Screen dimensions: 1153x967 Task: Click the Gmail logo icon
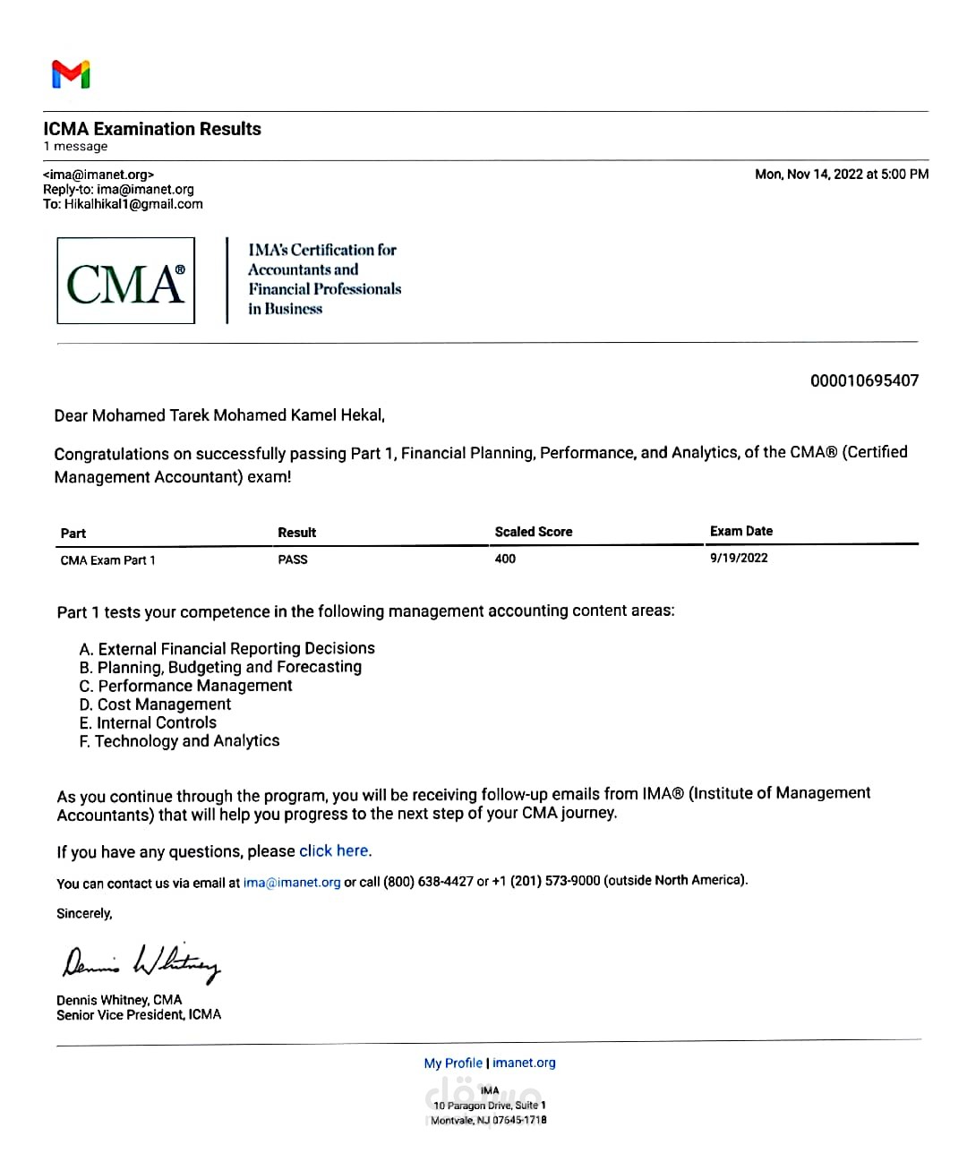coord(71,74)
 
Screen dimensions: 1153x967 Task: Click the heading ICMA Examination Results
coord(152,129)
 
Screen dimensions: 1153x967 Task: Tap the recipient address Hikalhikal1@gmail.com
coord(133,204)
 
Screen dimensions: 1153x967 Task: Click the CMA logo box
coord(125,281)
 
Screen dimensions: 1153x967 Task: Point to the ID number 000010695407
coord(864,380)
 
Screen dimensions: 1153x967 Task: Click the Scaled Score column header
coord(533,532)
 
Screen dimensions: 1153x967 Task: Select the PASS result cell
coord(293,559)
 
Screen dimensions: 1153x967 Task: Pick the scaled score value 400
coord(505,559)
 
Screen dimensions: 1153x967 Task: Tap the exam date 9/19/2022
coord(739,558)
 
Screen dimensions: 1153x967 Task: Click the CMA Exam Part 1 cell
coord(107,560)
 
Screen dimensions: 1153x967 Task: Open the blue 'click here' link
coord(334,851)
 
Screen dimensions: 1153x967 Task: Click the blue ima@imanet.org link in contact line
coord(292,883)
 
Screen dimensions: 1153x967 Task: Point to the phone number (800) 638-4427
coord(428,882)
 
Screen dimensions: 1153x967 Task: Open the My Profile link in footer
coord(453,1063)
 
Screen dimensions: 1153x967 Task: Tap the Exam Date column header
coord(740,531)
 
